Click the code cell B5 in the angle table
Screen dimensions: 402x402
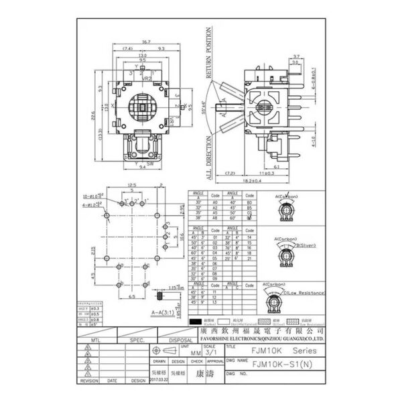pyautogui.click(x=249, y=207)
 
